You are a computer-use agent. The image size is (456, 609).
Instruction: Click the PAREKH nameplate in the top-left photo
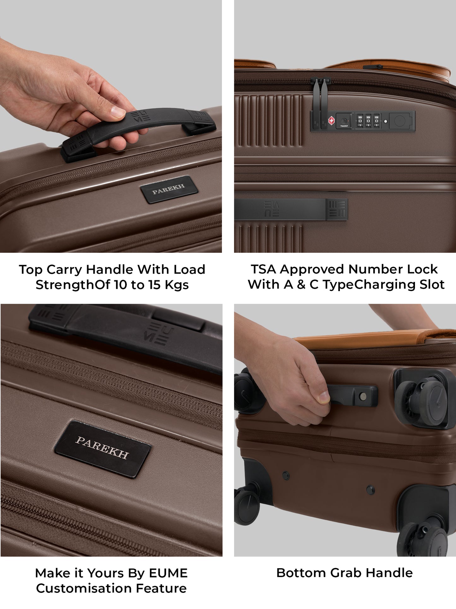tap(169, 190)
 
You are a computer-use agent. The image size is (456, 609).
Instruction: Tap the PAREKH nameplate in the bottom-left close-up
tap(103, 449)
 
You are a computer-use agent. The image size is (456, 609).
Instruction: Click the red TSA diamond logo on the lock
tap(331, 121)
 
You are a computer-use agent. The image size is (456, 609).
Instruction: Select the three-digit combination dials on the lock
tap(368, 121)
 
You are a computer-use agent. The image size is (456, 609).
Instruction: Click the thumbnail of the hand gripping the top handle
tap(118, 112)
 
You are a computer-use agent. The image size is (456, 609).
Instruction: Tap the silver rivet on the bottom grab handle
tap(363, 396)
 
